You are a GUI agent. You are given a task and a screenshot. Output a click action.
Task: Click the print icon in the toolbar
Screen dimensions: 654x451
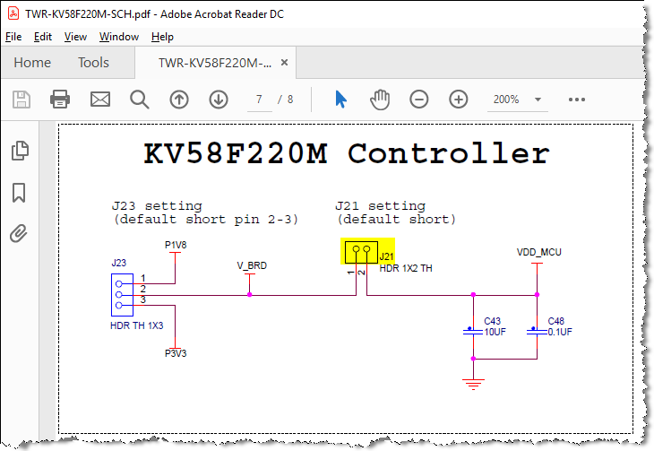[60, 100]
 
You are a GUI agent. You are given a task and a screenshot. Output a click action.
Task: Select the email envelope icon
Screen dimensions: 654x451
[100, 100]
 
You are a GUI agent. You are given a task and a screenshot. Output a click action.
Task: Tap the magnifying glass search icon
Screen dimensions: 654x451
[139, 100]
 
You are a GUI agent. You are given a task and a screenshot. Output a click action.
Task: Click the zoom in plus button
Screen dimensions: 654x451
[459, 100]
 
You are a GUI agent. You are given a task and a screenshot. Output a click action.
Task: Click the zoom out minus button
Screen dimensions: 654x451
[418, 100]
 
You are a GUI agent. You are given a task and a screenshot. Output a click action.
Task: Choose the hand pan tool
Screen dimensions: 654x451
[380, 100]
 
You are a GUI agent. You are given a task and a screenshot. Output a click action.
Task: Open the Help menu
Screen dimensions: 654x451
[162, 37]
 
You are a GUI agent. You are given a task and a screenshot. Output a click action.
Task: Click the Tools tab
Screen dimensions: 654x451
[93, 63]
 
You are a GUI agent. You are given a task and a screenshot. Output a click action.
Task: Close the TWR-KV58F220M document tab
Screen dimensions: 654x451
[285, 63]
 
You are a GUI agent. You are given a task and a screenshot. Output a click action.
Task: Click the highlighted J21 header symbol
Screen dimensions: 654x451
[361, 252]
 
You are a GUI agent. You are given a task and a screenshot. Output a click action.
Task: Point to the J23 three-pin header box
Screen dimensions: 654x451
[122, 295]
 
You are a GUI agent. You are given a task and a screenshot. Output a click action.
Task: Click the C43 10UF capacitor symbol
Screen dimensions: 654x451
[473, 331]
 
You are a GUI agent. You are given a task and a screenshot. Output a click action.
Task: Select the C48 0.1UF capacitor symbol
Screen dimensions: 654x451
[537, 331]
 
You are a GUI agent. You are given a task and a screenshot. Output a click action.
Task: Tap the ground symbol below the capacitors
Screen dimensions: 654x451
[473, 384]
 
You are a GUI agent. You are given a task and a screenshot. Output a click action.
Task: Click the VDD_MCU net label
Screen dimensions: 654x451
[539, 252]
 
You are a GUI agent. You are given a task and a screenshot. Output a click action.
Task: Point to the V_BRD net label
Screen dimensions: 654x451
[252, 265]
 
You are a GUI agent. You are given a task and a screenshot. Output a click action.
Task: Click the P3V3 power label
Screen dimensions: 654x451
[176, 353]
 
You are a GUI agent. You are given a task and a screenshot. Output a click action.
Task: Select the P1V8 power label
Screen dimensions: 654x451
[176, 245]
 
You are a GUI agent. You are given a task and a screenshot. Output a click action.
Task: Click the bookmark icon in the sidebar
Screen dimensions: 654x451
[19, 193]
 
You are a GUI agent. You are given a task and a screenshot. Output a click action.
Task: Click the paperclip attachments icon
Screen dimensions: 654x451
[19, 233]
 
